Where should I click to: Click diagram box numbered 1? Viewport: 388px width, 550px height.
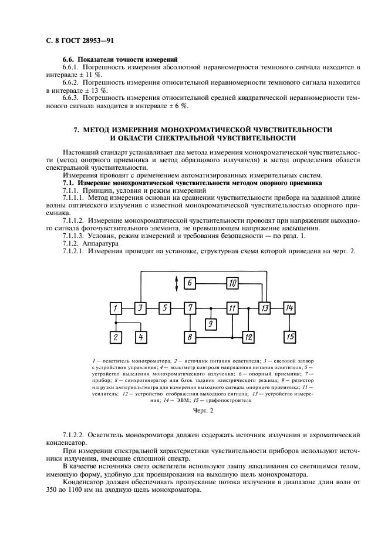tap(116, 307)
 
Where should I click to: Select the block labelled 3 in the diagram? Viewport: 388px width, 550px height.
tap(141, 307)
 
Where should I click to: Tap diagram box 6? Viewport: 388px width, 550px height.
tap(190, 283)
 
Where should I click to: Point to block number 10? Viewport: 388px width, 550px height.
tap(232, 283)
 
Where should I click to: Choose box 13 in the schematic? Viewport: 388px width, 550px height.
tap(265, 307)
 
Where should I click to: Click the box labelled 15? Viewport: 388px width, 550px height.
tap(289, 337)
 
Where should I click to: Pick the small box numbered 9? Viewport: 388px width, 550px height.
tap(211, 323)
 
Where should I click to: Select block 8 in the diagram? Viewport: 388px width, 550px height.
tap(190, 337)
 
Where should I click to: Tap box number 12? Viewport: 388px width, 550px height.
tap(248, 337)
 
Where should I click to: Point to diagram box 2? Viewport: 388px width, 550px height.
tap(116, 337)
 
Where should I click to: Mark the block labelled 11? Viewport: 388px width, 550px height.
tap(233, 307)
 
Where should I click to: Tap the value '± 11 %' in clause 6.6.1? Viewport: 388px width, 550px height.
tap(90, 75)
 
